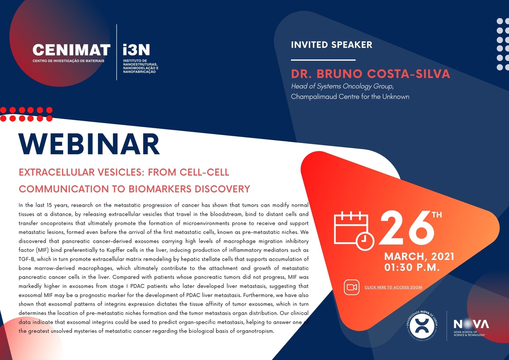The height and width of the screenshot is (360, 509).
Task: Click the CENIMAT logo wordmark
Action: click(x=71, y=50)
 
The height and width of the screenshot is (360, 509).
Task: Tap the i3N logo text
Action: click(x=136, y=50)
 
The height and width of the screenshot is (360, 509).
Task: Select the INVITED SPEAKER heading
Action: click(x=332, y=45)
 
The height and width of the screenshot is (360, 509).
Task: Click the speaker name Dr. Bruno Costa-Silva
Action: click(x=370, y=74)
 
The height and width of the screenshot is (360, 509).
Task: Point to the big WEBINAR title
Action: click(x=89, y=144)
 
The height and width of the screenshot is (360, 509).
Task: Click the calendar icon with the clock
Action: click(x=354, y=231)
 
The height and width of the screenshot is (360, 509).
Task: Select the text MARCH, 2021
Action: click(x=419, y=256)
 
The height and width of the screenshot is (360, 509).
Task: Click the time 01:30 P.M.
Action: click(x=412, y=267)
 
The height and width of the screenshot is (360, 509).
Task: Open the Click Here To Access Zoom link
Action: click(x=393, y=287)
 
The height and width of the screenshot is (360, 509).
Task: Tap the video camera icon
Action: click(x=352, y=287)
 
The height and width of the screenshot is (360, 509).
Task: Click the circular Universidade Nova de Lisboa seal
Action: click(x=422, y=326)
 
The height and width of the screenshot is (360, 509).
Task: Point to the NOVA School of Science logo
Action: click(x=471, y=327)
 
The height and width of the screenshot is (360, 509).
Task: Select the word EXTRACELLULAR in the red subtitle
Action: click(x=56, y=172)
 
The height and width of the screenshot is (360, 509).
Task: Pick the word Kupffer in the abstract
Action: click(x=115, y=250)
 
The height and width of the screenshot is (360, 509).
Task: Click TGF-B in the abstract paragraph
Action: click(x=27, y=259)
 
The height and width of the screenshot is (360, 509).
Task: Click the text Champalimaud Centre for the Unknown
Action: click(x=350, y=97)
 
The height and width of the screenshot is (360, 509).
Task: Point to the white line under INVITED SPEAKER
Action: click(x=323, y=60)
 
